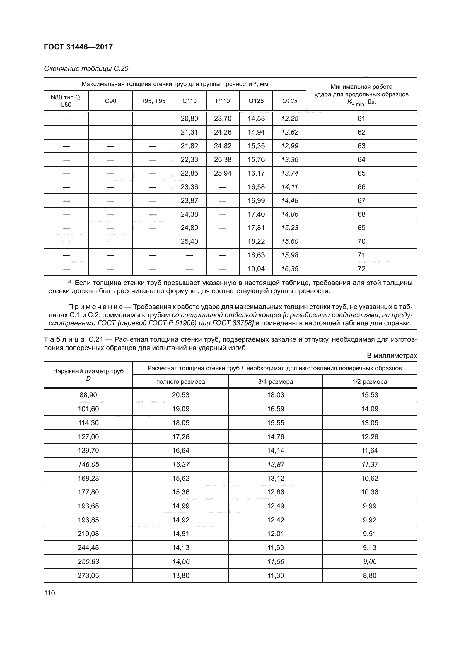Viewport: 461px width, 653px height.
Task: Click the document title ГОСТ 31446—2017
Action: (78, 47)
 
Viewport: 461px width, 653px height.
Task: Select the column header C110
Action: (189, 101)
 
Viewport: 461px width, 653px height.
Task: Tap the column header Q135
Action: (289, 101)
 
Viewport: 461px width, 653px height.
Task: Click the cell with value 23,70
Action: (222, 119)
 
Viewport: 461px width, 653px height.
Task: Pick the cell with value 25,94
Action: (222, 173)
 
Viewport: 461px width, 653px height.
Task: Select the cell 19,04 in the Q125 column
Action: (256, 269)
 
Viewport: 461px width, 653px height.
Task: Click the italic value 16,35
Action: (289, 269)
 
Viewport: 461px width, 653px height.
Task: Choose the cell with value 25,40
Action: (189, 241)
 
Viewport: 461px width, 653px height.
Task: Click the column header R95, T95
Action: (153, 101)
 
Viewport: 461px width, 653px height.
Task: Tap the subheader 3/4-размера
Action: (275, 382)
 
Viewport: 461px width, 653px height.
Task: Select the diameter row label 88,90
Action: (88, 395)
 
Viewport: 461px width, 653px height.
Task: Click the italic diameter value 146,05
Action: (88, 465)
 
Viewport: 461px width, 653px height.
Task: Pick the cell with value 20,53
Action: (180, 395)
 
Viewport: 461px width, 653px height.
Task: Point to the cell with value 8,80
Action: (369, 576)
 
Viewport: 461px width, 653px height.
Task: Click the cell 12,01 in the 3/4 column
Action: (275, 534)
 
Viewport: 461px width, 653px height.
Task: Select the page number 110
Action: (49, 593)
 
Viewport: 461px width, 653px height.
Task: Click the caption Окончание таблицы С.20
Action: (86, 69)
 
